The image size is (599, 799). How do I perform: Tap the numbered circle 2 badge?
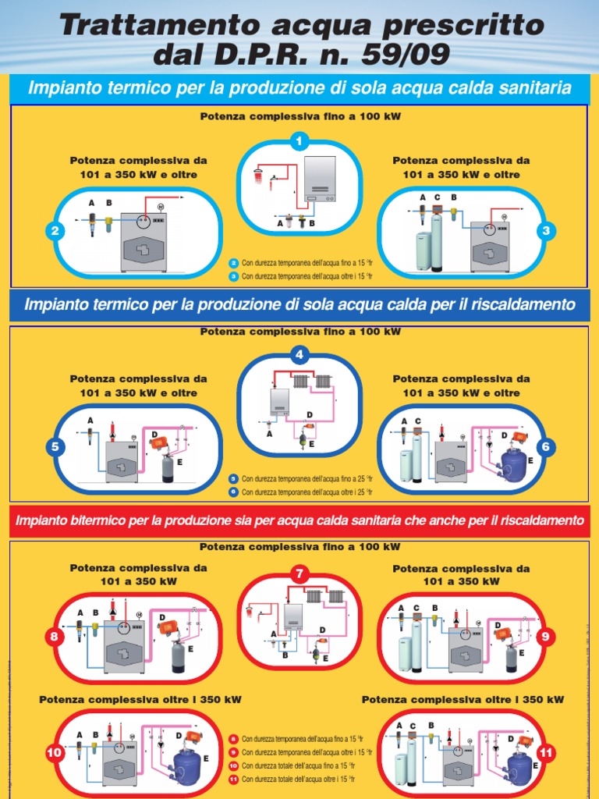click(x=55, y=232)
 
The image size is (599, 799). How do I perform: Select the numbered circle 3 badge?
click(x=546, y=231)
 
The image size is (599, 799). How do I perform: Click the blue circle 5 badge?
click(x=55, y=447)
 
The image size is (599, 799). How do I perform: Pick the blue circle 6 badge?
click(x=546, y=447)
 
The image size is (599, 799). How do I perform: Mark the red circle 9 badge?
click(x=545, y=637)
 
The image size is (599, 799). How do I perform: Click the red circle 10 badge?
click(x=55, y=753)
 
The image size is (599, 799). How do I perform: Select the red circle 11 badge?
click(x=546, y=753)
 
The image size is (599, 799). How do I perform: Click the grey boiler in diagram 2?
click(x=144, y=243)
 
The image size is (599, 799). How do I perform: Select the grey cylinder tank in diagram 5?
click(x=167, y=470)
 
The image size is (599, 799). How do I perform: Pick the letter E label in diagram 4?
click(x=311, y=444)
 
